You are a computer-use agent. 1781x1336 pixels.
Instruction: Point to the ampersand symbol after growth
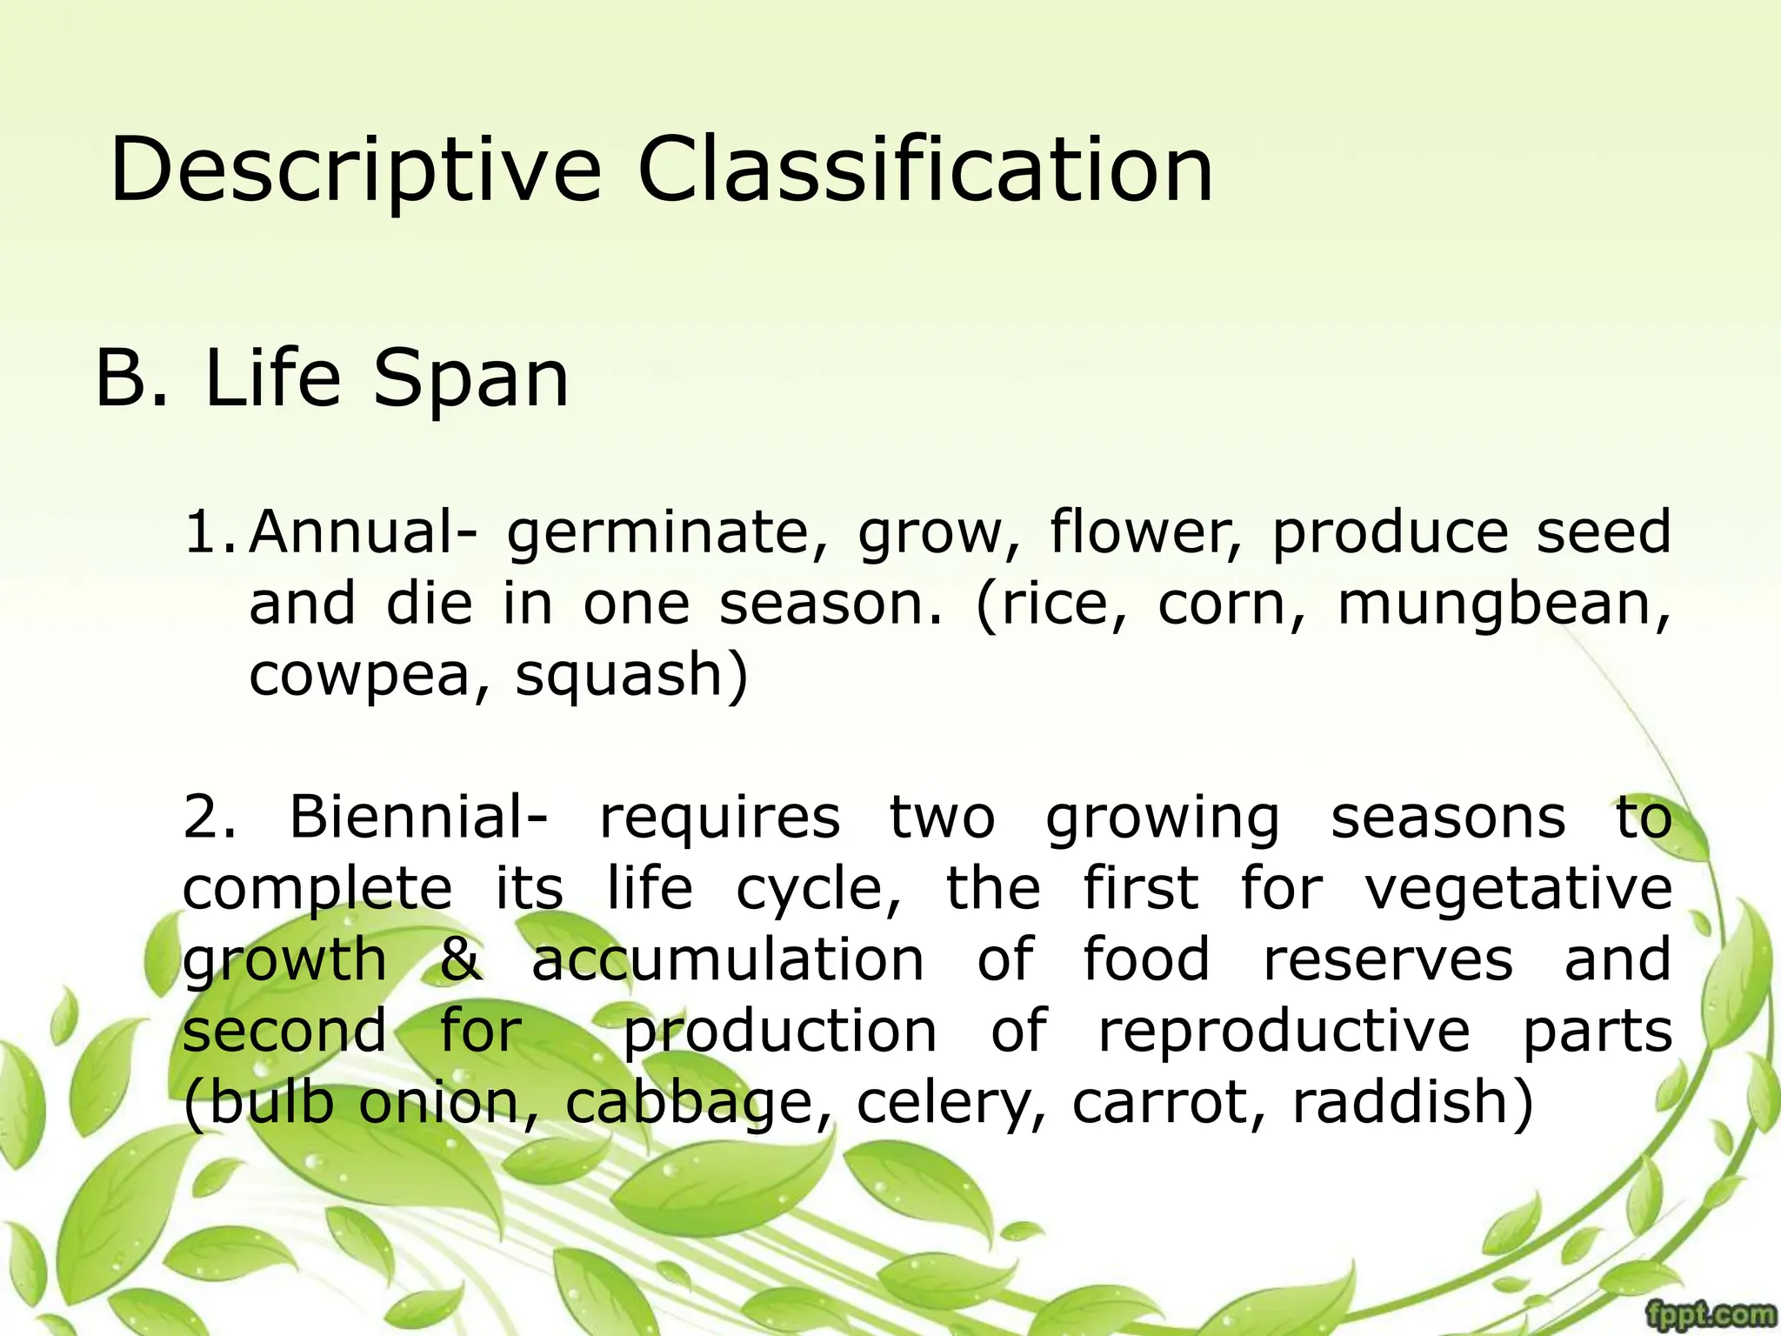point(460,959)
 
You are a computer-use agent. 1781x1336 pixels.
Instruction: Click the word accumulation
point(728,959)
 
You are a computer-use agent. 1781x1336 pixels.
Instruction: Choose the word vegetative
point(1518,890)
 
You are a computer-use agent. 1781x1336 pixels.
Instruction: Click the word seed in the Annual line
point(1603,531)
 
